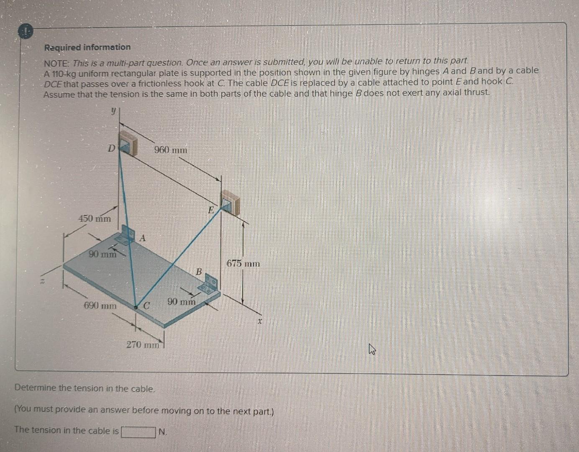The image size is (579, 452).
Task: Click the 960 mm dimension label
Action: pyautogui.click(x=171, y=150)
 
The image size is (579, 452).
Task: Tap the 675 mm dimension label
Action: pyautogui.click(x=243, y=264)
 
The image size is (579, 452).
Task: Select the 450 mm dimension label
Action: pyautogui.click(x=95, y=218)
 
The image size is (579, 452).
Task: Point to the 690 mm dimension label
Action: pyautogui.click(x=100, y=306)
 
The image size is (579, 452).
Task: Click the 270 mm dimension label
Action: pyautogui.click(x=143, y=345)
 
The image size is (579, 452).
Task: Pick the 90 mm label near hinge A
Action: pyautogui.click(x=102, y=254)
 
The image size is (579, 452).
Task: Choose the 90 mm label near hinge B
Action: pyautogui.click(x=182, y=301)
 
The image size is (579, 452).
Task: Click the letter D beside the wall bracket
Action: pyautogui.click(x=111, y=148)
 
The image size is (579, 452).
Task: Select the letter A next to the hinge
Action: pyautogui.click(x=142, y=239)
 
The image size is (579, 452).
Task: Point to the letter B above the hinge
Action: pyautogui.click(x=199, y=272)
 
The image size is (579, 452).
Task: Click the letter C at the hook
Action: pyautogui.click(x=146, y=306)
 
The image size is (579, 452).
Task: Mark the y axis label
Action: pyautogui.click(x=113, y=111)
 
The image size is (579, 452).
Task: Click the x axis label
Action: pyautogui.click(x=260, y=322)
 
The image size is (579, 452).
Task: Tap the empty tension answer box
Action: pyautogui.click(x=138, y=431)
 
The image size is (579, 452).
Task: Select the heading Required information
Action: pyautogui.click(x=87, y=47)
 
